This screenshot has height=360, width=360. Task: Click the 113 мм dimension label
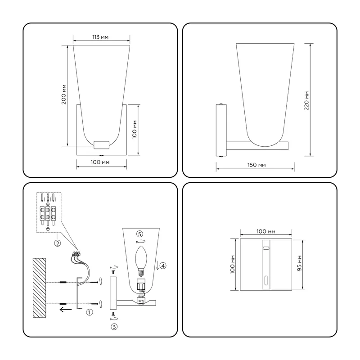tap(100, 37)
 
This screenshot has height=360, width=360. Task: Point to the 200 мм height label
tap(64, 94)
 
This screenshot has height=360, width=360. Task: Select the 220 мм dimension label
tap(307, 100)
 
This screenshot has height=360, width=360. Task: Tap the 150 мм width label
tap(256, 165)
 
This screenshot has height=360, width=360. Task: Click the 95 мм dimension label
tap(299, 263)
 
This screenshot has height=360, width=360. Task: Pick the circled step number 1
tap(89, 312)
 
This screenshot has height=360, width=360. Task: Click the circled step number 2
tap(58, 243)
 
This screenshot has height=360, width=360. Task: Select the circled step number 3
tap(114, 327)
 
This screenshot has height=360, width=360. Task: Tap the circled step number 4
tap(163, 265)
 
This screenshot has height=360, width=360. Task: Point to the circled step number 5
tap(139, 234)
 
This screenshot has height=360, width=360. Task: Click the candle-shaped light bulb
tap(141, 261)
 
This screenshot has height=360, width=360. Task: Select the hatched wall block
tap(39, 288)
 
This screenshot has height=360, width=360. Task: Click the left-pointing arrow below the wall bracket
tap(65, 310)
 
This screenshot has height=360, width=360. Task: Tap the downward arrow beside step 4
tap(157, 265)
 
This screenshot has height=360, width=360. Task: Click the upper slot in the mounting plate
tap(266, 248)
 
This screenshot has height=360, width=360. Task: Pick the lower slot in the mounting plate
tap(266, 280)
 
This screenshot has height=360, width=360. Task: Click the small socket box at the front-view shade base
tap(101, 145)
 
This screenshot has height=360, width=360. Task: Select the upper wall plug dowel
tap(63, 282)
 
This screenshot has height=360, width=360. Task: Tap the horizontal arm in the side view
tap(257, 145)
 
